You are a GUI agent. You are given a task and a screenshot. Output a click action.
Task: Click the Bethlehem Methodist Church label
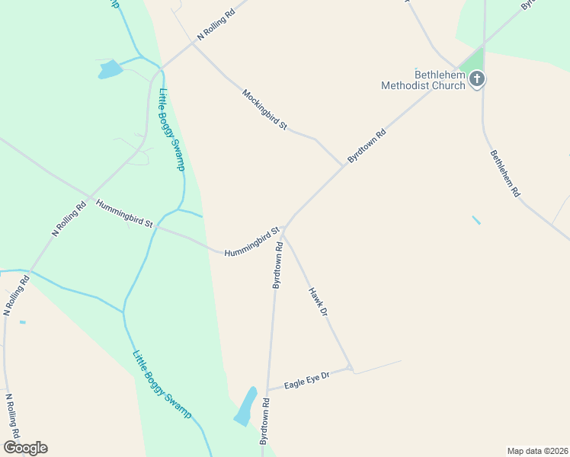423,80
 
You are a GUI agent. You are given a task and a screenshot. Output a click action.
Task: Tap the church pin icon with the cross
477,78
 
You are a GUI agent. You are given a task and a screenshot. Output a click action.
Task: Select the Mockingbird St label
264,109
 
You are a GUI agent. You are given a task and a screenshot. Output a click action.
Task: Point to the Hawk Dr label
318,302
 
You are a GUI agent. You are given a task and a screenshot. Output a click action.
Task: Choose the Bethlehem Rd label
504,174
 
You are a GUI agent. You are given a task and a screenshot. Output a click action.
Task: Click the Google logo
25,448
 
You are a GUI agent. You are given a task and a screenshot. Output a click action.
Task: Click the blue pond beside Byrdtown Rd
245,406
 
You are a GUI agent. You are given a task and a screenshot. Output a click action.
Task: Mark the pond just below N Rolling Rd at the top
110,69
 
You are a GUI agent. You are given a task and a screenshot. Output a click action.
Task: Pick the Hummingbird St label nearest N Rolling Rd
124,213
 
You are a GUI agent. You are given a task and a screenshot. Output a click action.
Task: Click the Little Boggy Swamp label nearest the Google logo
162,384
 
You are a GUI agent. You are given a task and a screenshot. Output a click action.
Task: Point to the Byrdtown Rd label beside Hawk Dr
278,266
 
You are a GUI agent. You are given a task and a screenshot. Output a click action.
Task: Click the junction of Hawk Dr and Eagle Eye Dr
350,369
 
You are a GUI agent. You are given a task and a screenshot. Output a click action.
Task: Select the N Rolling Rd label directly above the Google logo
12,413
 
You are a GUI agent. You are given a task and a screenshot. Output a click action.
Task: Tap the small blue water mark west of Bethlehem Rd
476,220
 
